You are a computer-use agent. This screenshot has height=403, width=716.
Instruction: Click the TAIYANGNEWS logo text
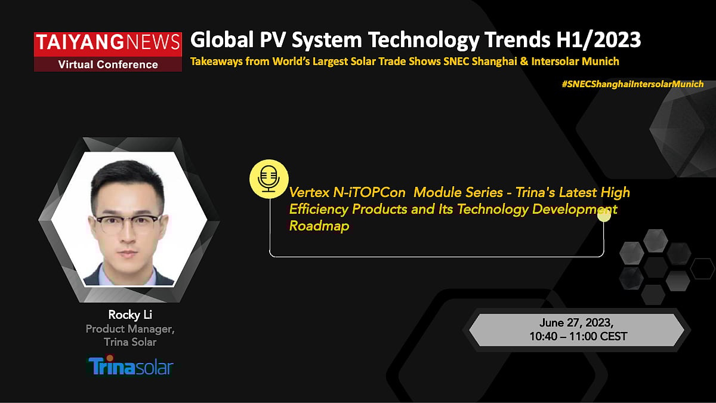tap(108, 42)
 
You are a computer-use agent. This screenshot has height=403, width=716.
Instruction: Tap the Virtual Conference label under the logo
tap(108, 64)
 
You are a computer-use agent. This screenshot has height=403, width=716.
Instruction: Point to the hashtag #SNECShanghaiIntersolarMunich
tap(632, 84)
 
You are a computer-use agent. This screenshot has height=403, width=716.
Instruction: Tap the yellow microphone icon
tap(268, 178)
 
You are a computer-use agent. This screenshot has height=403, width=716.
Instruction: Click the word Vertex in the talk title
tap(309, 193)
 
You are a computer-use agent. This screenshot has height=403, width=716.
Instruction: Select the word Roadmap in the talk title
tap(319, 226)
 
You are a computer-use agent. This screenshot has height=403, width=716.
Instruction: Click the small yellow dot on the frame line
tap(604, 215)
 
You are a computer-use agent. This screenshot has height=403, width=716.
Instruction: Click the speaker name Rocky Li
tap(130, 315)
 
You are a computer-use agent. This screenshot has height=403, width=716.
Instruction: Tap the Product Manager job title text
tap(130, 329)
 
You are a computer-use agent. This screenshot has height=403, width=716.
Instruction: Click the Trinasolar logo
tap(130, 365)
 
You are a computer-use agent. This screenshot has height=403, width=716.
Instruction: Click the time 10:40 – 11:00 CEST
tap(578, 337)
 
